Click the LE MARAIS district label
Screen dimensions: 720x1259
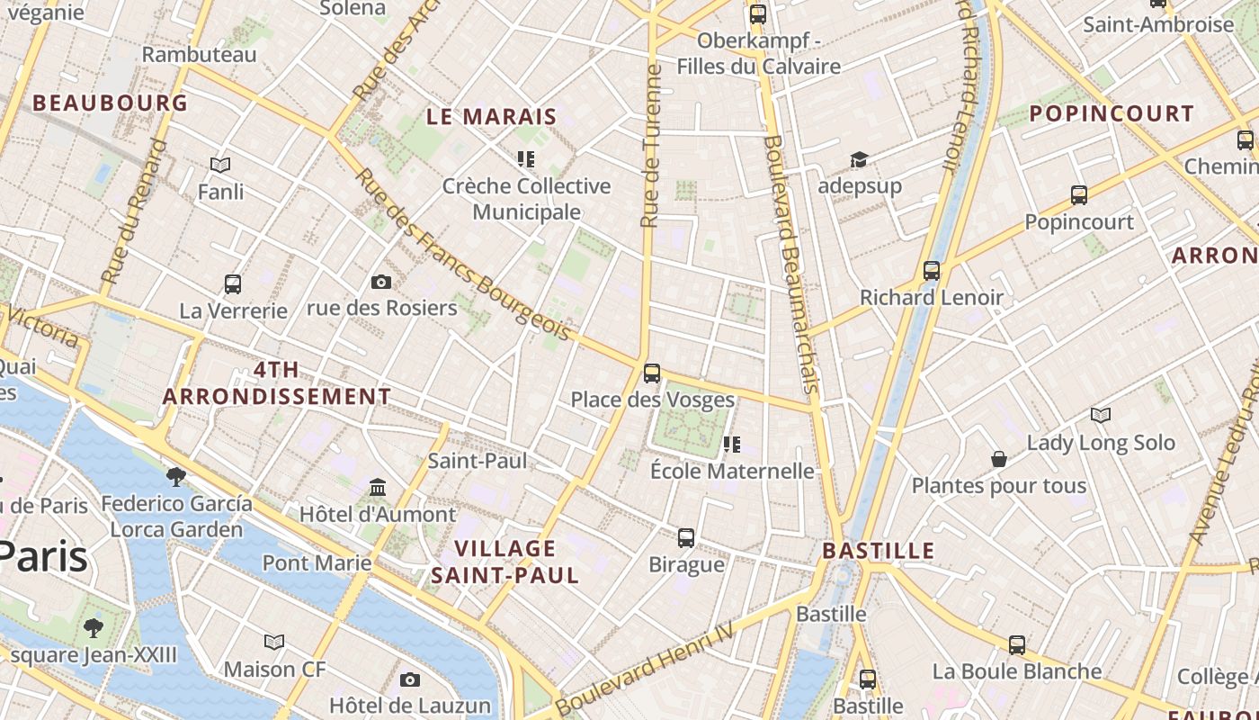(x=492, y=116)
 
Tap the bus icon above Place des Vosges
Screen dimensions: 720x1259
(x=652, y=373)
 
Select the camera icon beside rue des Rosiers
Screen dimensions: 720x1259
(x=381, y=283)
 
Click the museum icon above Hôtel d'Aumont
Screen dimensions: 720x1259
(x=378, y=488)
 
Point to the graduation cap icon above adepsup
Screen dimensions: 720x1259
(x=859, y=160)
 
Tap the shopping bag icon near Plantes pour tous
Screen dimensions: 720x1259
(x=999, y=459)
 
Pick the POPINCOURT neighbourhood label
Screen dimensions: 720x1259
(x=1112, y=113)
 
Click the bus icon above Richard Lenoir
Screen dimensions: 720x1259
(x=932, y=270)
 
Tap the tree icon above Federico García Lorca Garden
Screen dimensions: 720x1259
(x=176, y=476)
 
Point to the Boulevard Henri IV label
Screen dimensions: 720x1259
(x=645, y=670)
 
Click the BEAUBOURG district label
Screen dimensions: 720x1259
(x=111, y=103)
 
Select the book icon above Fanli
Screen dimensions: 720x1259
(x=220, y=165)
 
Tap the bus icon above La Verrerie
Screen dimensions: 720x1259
(x=233, y=284)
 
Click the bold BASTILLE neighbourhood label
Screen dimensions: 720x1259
(x=879, y=551)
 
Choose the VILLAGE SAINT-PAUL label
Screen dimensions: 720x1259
(x=504, y=562)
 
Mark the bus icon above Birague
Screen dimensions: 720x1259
(x=686, y=538)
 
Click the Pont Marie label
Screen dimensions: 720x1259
(x=317, y=563)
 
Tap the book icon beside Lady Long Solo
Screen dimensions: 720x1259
(x=1101, y=415)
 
